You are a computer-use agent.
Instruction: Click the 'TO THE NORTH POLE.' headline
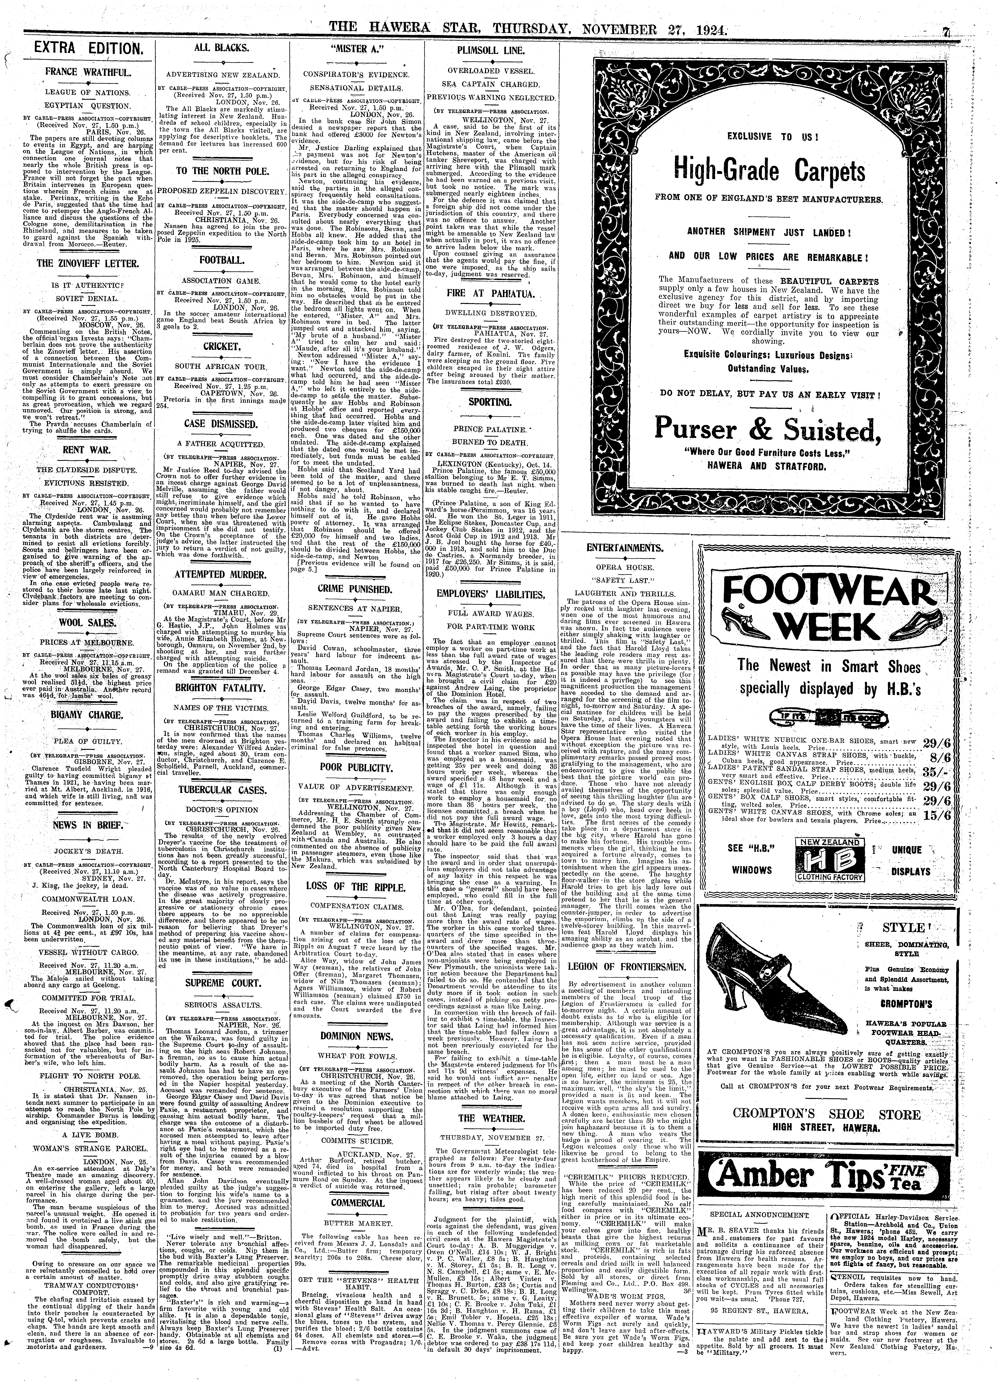click(x=222, y=171)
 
